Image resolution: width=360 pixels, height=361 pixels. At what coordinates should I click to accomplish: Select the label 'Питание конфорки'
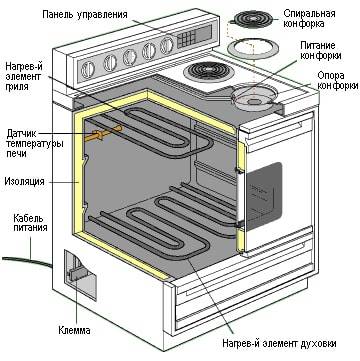point(317,51)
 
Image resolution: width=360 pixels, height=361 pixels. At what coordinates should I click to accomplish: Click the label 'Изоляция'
point(27,183)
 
